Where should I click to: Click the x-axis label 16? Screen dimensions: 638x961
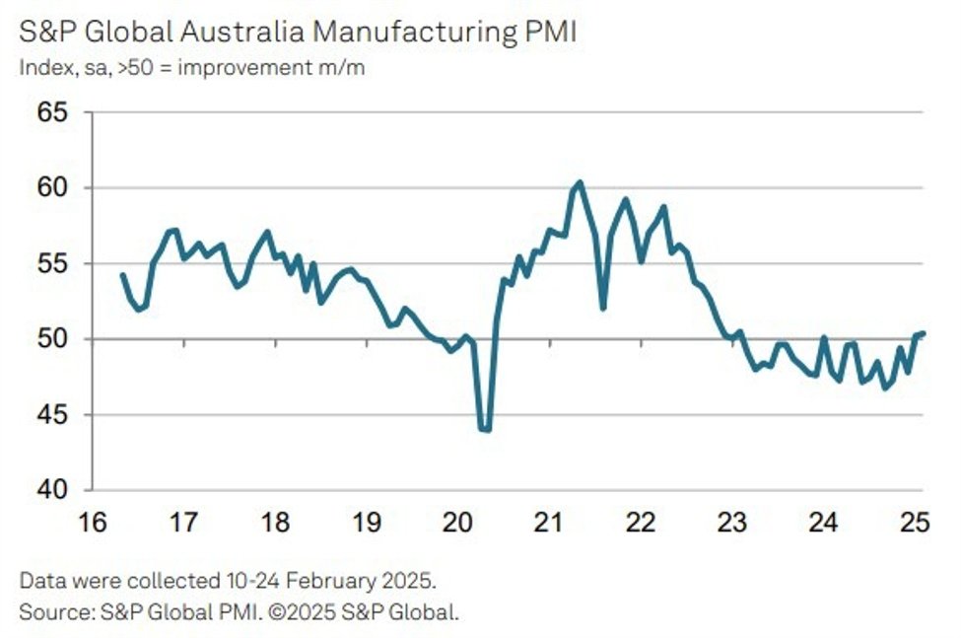click(x=91, y=523)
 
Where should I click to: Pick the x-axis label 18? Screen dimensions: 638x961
click(x=274, y=523)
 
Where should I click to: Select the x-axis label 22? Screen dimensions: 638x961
click(x=641, y=523)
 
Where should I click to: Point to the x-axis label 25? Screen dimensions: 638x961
click(x=915, y=523)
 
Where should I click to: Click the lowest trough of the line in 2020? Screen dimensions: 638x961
click(x=485, y=430)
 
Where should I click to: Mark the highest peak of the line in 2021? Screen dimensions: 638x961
click(x=580, y=181)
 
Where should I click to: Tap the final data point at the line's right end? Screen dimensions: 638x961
click(x=923, y=333)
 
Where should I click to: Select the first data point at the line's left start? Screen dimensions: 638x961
click(x=122, y=274)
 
